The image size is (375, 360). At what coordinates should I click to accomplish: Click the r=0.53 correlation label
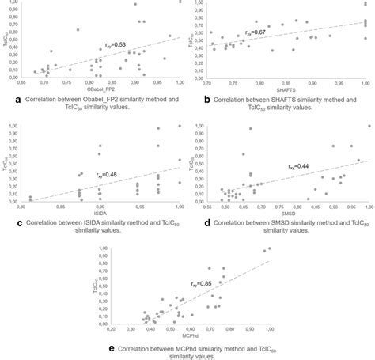tap(116, 44)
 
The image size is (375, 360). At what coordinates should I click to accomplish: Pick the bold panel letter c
tap(6, 224)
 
